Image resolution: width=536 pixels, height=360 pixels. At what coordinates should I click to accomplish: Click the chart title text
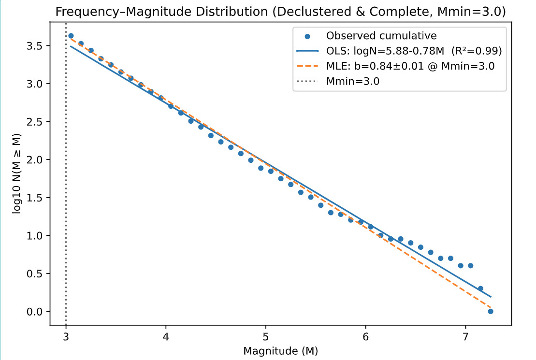coord(281,12)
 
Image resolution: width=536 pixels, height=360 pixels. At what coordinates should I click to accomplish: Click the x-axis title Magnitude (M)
coord(281,350)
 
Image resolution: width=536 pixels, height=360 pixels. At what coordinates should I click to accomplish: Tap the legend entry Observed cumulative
coord(381,35)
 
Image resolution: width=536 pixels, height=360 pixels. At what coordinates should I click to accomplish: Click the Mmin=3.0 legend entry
coord(353,81)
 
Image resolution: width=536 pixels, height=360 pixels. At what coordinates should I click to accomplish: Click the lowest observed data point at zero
coord(491,311)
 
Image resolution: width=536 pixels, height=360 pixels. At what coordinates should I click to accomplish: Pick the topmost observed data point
coord(71,36)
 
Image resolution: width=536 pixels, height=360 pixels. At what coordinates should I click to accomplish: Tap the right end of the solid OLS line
coord(491,297)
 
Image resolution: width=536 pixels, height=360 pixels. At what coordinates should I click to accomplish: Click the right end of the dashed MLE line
coord(491,308)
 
